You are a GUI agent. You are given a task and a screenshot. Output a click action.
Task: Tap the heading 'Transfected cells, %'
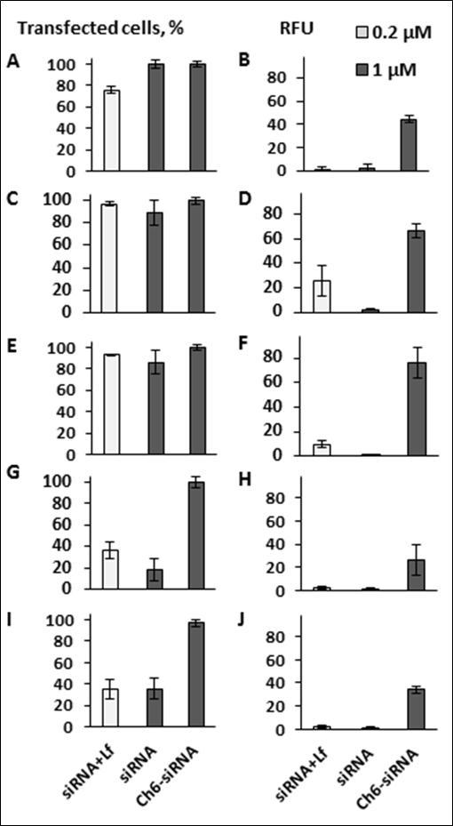coord(100,28)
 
